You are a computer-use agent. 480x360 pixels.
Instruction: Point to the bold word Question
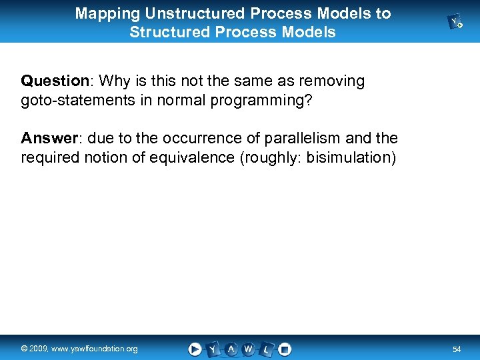55,81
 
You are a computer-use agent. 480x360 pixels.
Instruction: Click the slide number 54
457,349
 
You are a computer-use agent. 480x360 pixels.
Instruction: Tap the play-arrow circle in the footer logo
195,349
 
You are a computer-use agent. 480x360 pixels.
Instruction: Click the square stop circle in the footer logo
285,349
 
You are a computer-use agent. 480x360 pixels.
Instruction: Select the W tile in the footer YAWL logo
249,349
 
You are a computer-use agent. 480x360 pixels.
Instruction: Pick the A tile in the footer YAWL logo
231,349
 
